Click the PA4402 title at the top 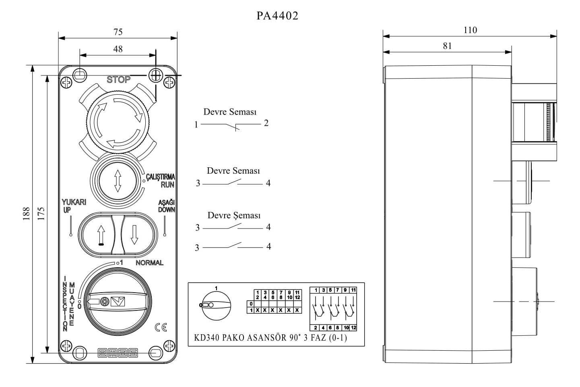[x=277, y=16]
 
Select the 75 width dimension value [x=118, y=32]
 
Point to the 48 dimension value [x=118, y=49]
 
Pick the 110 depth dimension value [x=470, y=30]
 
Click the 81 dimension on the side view [x=447, y=46]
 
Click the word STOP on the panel [x=118, y=79]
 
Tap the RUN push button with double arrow [x=118, y=180]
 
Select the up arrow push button [x=101, y=234]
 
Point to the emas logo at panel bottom [x=118, y=353]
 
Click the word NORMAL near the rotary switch [x=149, y=263]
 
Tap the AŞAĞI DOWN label [x=166, y=206]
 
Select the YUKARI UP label [x=74, y=206]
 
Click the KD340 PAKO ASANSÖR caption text [x=270, y=338]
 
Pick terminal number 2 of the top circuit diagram [x=266, y=123]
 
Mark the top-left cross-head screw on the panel [x=66, y=83]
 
